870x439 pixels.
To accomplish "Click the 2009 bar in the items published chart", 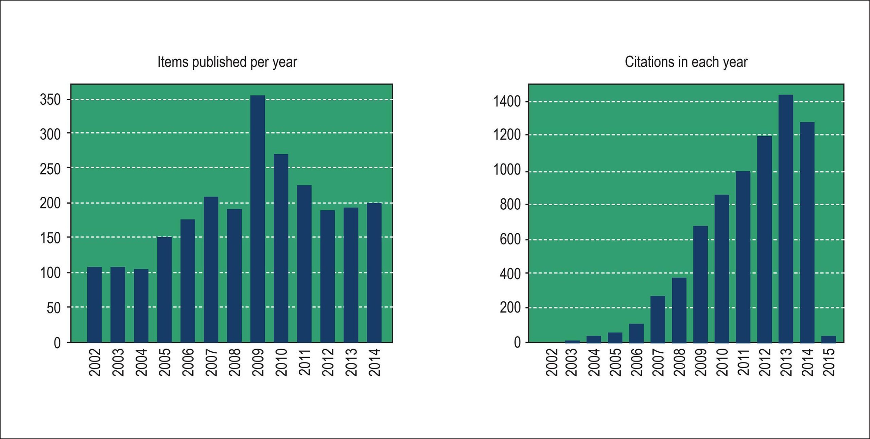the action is [x=258, y=219].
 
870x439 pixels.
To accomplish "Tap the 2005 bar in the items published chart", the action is [x=164, y=289].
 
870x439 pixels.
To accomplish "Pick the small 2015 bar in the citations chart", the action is [x=829, y=339].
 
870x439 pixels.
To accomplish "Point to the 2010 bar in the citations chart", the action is [x=722, y=268].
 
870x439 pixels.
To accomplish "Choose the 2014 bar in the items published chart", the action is [x=374, y=273].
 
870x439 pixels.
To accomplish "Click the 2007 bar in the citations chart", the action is [x=658, y=319].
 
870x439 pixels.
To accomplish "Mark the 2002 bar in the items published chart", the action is [x=94, y=305].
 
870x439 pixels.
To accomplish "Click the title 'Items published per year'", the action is [x=227, y=62].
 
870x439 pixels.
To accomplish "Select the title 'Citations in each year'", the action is [x=686, y=62].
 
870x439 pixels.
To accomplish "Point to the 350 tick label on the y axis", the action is [x=50, y=100].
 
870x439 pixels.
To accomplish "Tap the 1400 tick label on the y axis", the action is [x=507, y=102].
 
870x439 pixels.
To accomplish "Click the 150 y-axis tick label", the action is [x=50, y=238].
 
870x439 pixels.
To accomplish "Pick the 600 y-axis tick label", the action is [x=510, y=240].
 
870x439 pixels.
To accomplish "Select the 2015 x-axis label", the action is [x=829, y=362].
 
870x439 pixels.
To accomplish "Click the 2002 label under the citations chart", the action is [x=552, y=362].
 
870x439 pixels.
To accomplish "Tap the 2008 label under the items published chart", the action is [x=234, y=362].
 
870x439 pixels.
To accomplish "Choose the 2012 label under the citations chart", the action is [x=765, y=362].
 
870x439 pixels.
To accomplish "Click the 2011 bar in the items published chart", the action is [x=304, y=264].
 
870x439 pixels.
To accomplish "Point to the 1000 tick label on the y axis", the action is [x=507, y=170].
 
